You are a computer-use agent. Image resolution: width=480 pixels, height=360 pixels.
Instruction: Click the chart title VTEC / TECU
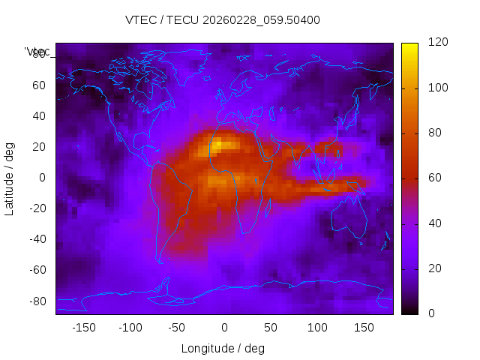point(223,20)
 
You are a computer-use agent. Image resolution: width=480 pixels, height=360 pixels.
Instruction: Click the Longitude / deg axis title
point(223,349)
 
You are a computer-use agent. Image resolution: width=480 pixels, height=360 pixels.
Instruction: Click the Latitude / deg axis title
point(10,178)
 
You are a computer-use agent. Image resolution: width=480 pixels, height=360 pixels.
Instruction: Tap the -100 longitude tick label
point(130,328)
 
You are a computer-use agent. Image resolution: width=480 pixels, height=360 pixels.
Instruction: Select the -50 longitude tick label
point(177,328)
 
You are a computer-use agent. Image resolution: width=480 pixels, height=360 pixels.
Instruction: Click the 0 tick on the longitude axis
point(223,328)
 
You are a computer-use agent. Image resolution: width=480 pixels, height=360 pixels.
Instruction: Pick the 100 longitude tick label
point(317,328)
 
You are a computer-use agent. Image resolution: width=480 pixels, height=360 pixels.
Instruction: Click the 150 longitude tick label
point(364,328)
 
